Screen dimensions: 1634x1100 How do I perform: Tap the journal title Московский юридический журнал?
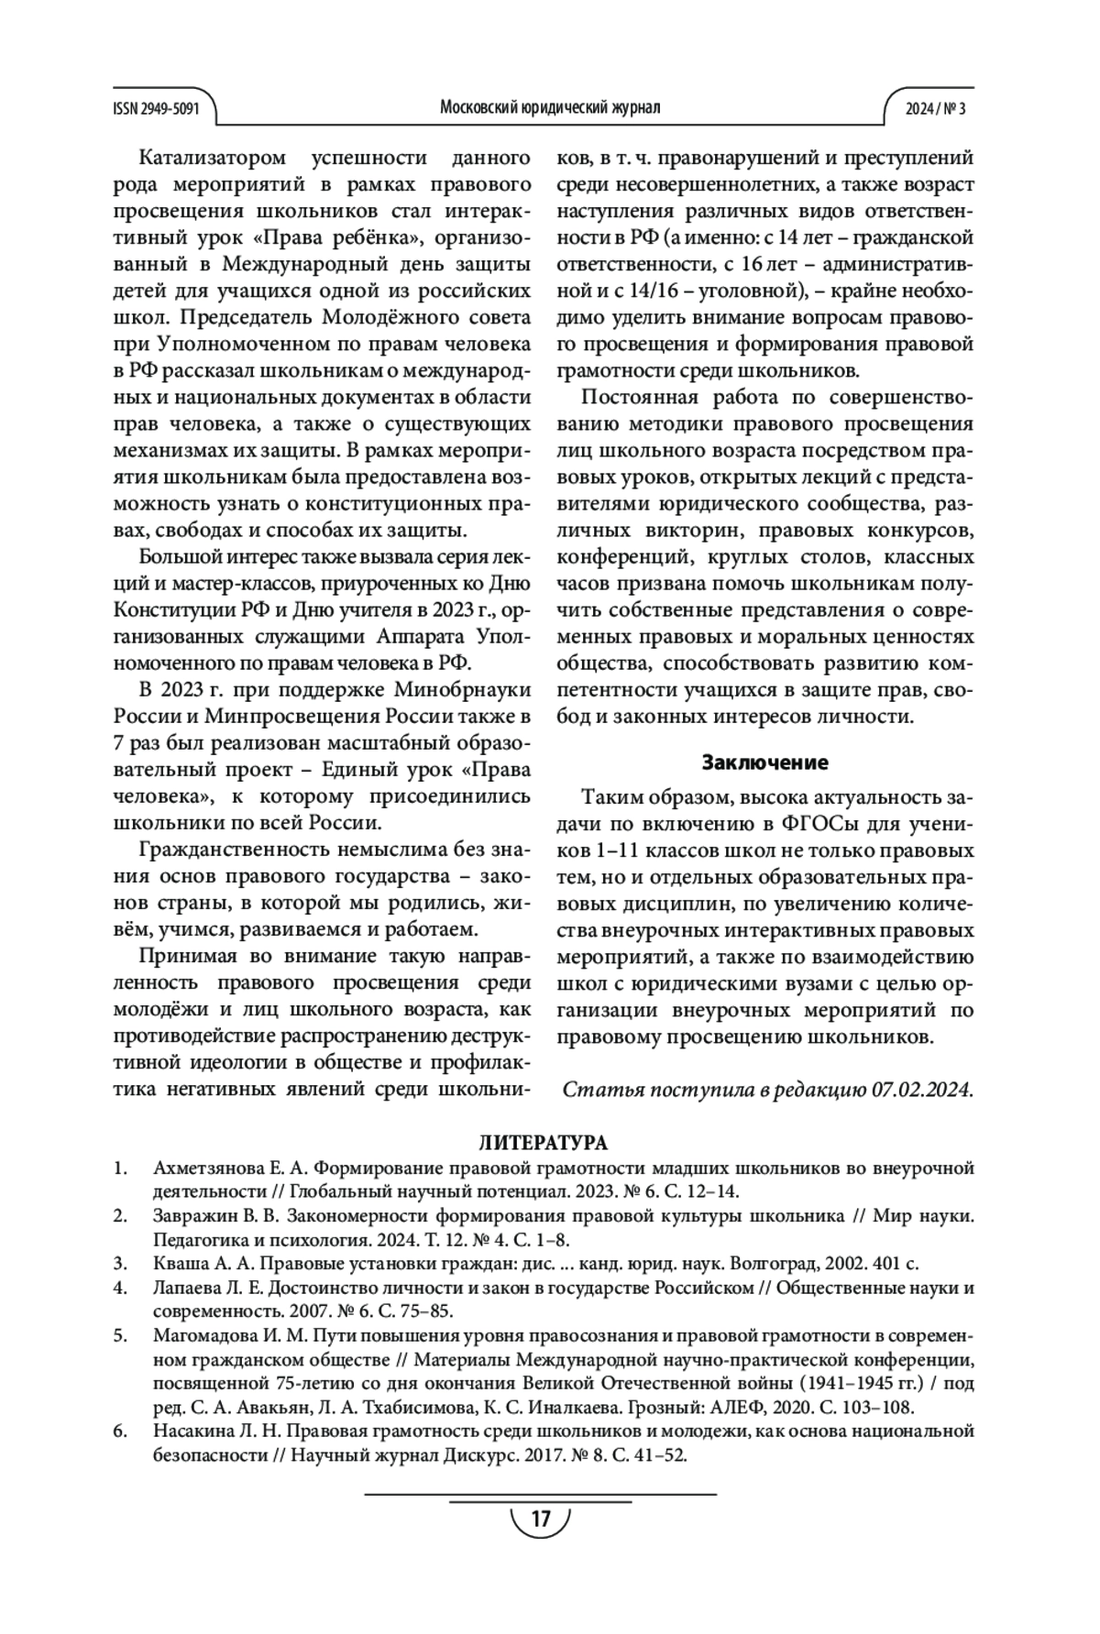[x=550, y=108]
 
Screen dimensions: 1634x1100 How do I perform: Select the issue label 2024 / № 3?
[x=935, y=108]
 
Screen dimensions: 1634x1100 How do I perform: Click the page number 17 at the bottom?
[x=540, y=1519]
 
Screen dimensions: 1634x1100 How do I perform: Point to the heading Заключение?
[x=764, y=762]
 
